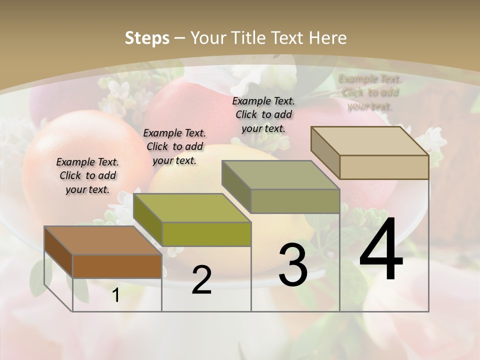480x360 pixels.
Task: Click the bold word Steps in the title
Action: pyautogui.click(x=146, y=38)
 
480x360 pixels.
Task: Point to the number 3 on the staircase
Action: pyautogui.click(x=293, y=265)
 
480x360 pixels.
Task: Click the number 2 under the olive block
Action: pyautogui.click(x=201, y=280)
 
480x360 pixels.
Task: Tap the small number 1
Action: pyautogui.click(x=116, y=295)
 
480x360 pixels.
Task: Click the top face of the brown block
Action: pyautogui.click(x=102, y=240)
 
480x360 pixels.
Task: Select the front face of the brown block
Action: pyautogui.click(x=117, y=266)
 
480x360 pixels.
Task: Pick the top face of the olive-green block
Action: pyautogui.click(x=192, y=208)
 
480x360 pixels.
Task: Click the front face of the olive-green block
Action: pyautogui.click(x=206, y=234)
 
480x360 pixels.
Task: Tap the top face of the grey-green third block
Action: pyautogui.click(x=280, y=175)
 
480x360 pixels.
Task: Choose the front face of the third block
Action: pyautogui.click(x=295, y=201)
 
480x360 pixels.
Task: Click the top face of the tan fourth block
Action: pyautogui.click(x=369, y=141)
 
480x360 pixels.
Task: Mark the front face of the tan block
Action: pyautogui.click(x=384, y=167)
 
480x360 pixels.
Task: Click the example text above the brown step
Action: pyautogui.click(x=87, y=175)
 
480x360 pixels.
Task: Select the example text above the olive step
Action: pyautogui.click(x=174, y=146)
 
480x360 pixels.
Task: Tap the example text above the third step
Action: pyautogui.click(x=263, y=114)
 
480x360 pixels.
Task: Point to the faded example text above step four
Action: pyautogui.click(x=370, y=92)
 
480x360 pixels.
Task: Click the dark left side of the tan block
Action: pyautogui.click(x=325, y=152)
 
